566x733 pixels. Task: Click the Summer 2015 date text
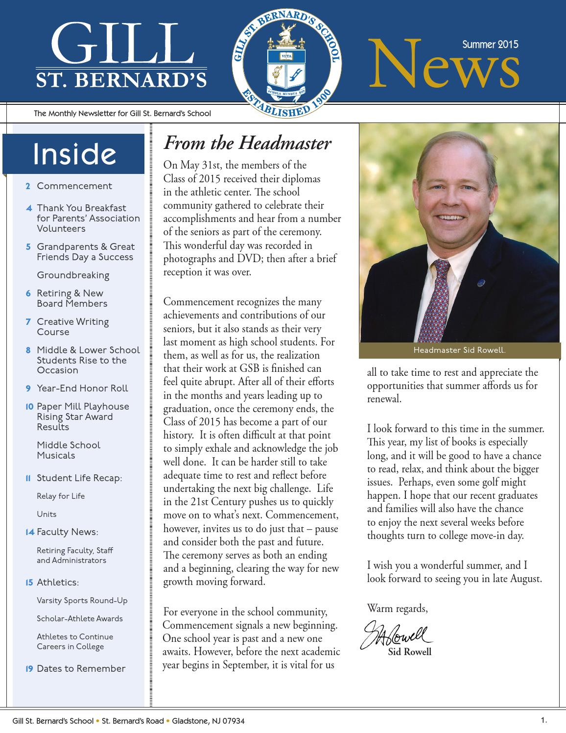(490, 45)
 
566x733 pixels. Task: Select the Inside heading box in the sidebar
(74, 154)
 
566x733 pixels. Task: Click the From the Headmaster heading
(247, 144)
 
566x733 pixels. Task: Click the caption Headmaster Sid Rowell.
(459, 350)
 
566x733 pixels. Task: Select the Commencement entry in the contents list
(74, 186)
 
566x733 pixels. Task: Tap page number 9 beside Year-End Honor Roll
(28, 389)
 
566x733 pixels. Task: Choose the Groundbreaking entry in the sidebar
(73, 275)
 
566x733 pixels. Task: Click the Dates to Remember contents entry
(81, 669)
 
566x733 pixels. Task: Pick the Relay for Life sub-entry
(61, 496)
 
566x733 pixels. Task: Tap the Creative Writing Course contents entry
(72, 327)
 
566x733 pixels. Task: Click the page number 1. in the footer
(543, 720)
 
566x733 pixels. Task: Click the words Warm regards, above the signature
(397, 609)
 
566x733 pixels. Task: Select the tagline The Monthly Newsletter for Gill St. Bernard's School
(122, 114)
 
